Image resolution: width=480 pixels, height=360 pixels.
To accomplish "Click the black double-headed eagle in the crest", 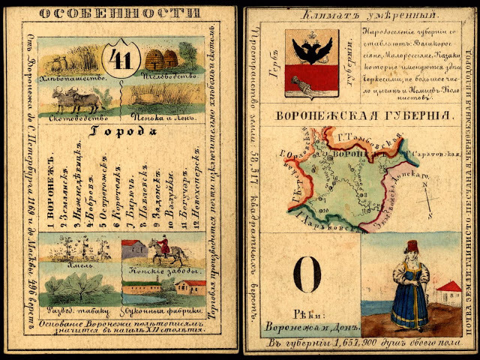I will [312, 49].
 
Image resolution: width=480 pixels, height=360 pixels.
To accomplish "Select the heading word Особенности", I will [119, 13].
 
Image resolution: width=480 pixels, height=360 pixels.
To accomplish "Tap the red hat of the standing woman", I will [411, 245].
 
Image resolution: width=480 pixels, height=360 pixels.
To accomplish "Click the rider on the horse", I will [160, 250].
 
